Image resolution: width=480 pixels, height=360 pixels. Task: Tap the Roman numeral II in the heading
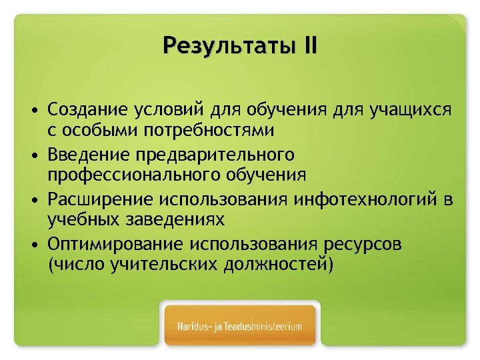[x=309, y=47]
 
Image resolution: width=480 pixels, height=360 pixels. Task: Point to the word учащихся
[x=415, y=109]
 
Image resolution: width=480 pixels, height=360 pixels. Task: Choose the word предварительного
[x=215, y=155]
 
